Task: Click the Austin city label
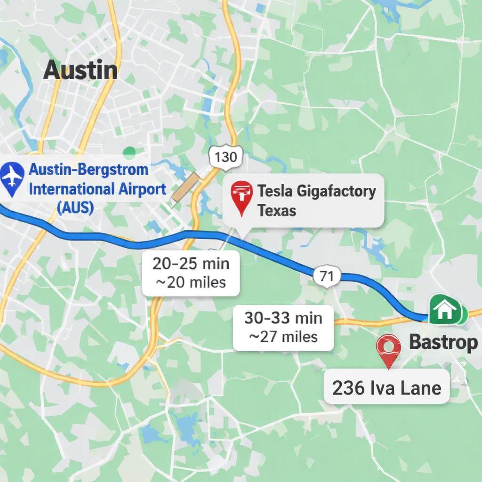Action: click(x=80, y=71)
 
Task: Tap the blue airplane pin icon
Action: click(x=12, y=178)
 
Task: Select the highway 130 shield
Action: click(x=225, y=156)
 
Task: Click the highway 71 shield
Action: click(x=326, y=276)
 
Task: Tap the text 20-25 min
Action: click(x=191, y=264)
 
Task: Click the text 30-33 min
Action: click(x=283, y=318)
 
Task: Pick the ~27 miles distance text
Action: click(x=283, y=337)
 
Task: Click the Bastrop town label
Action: click(x=443, y=342)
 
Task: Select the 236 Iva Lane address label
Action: click(x=386, y=387)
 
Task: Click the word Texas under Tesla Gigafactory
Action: click(x=277, y=210)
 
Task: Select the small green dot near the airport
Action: click(x=129, y=152)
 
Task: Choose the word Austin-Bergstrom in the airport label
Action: click(x=88, y=169)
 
